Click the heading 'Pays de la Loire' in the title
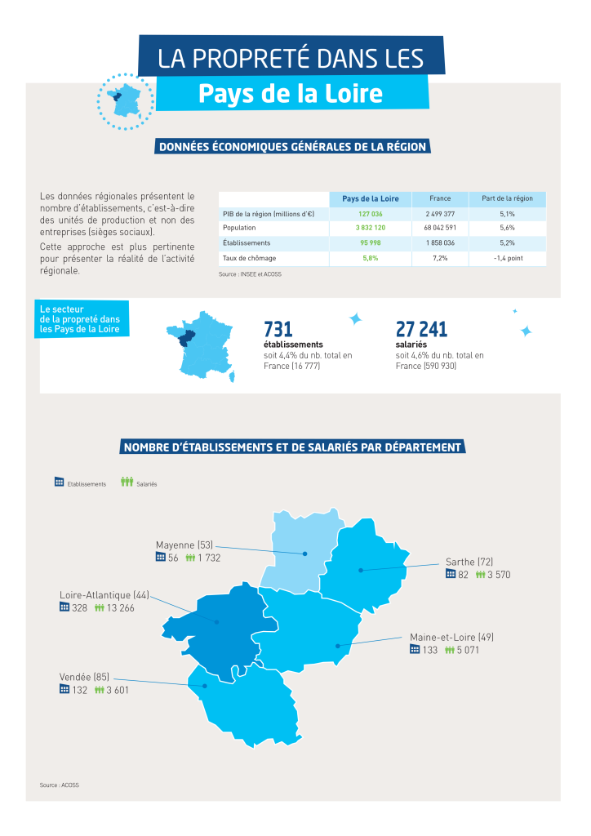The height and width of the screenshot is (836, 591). [290, 94]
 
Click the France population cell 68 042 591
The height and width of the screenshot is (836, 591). [440, 228]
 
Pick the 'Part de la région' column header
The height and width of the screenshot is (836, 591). [507, 198]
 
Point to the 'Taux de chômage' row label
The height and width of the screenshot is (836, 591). [248, 257]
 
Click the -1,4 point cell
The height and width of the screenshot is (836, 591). [507, 257]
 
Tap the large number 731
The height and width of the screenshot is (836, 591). [278, 329]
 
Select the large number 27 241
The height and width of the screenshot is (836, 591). [421, 329]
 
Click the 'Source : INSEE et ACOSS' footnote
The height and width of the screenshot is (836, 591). [250, 274]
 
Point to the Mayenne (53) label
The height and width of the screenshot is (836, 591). [184, 545]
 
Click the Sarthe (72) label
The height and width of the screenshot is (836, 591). [469, 562]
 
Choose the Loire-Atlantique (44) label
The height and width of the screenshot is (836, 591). [104, 595]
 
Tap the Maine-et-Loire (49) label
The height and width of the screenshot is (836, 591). [451, 637]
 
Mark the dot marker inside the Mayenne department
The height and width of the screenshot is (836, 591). [304, 554]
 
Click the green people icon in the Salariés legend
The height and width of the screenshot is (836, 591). [127, 482]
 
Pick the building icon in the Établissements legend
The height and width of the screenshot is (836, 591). [59, 482]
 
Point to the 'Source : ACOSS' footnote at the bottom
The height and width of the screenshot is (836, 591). [59, 785]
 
